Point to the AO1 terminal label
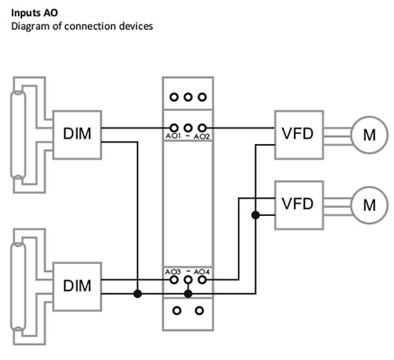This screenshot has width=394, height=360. click(173, 136)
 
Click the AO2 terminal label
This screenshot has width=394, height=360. click(202, 136)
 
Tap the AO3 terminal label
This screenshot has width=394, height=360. click(173, 272)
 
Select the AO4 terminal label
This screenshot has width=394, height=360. click(202, 272)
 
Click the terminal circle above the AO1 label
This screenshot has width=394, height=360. click(173, 128)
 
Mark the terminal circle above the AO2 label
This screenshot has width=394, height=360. click(202, 128)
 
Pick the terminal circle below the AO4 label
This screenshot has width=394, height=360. click(202, 280)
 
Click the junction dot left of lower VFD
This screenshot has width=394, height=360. click(255, 215)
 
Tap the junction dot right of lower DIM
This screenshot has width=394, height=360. click(137, 294)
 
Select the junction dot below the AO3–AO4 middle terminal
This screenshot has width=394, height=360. click(188, 294)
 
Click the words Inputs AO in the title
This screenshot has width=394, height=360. click(35, 13)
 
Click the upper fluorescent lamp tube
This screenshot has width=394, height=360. click(18, 135)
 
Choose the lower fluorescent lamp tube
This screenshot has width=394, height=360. click(18, 287)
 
